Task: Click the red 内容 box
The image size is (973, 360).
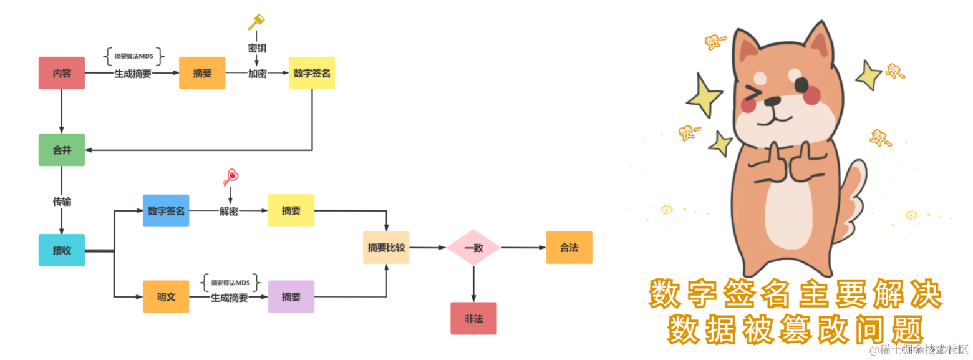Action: pyautogui.click(x=62, y=73)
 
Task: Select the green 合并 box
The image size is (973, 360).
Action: pyautogui.click(x=62, y=150)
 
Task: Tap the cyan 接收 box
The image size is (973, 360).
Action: pyautogui.click(x=62, y=250)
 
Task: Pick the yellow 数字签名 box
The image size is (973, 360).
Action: pyautogui.click(x=311, y=73)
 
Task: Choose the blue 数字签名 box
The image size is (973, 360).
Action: pyautogui.click(x=166, y=210)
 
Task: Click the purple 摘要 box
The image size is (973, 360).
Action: pyautogui.click(x=291, y=296)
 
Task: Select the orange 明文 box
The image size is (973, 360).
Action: pyautogui.click(x=166, y=296)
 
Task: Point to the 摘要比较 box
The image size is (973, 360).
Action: pyautogui.click(x=386, y=247)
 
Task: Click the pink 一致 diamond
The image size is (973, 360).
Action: pyautogui.click(x=473, y=248)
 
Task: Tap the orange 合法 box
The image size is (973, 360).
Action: pyautogui.click(x=569, y=247)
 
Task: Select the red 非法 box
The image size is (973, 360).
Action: pyautogui.click(x=473, y=318)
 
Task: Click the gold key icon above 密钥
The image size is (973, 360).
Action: pyautogui.click(x=256, y=22)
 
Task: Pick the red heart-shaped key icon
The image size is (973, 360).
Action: pyautogui.click(x=230, y=177)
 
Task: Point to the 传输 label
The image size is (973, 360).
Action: pyautogui.click(x=62, y=201)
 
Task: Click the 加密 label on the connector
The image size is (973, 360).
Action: pyautogui.click(x=257, y=73)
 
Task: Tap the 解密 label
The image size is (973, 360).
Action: pyautogui.click(x=228, y=211)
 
